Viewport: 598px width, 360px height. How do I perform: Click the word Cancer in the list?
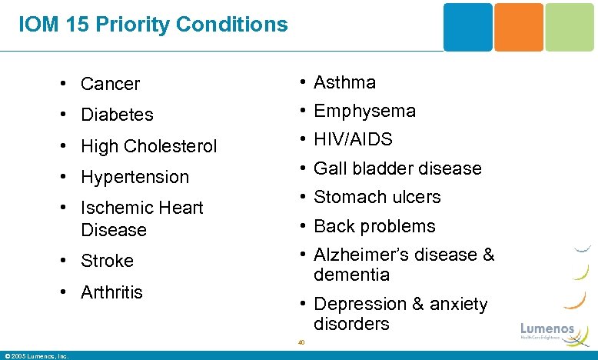point(110,84)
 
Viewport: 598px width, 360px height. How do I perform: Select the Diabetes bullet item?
point(117,115)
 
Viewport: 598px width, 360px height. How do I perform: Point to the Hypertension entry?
point(135,177)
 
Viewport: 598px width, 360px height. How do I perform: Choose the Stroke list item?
point(107,262)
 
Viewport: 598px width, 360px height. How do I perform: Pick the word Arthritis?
point(111,292)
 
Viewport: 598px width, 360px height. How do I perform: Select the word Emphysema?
point(365,112)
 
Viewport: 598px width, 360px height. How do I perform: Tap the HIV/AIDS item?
point(353,140)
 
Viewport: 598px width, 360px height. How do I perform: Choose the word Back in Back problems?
point(333,226)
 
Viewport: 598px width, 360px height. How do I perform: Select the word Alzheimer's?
point(361,255)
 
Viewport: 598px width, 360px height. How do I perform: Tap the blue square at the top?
point(467,27)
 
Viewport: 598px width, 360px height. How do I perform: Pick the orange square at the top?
point(518,27)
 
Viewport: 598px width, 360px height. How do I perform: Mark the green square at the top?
point(570,27)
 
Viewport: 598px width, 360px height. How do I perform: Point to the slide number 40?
point(301,342)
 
